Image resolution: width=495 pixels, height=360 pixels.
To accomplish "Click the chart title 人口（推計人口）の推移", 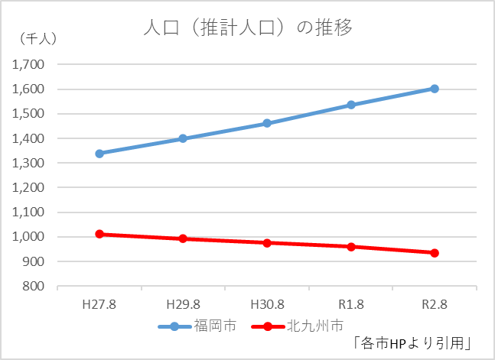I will tap(248, 29).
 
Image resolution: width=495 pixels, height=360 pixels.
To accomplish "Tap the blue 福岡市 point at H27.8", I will tap(99, 154).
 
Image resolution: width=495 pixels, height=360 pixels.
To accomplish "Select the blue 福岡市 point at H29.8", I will tap(183, 138).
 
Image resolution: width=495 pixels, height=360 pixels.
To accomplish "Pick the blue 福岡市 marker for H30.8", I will tap(267, 123).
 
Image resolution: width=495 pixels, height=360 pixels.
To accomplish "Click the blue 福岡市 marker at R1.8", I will tap(351, 105).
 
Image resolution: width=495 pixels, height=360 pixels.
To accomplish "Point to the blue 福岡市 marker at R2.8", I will tap(435, 89).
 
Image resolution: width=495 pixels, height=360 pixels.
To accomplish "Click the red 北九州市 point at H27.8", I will tap(99, 234).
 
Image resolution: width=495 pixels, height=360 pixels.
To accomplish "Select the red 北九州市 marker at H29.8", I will tap(183, 238).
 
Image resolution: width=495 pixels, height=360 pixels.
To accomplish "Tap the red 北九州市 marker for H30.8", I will tap(267, 243).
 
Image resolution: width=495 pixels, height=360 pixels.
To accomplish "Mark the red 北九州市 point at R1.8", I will tap(351, 247).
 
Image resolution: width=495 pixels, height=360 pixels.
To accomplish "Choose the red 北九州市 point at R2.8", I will tap(435, 253).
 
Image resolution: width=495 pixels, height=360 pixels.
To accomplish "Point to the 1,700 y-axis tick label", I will tap(30, 65).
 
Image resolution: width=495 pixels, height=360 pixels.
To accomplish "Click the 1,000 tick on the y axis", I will tap(30, 237).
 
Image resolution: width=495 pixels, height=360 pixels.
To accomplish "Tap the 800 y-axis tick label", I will tap(34, 287).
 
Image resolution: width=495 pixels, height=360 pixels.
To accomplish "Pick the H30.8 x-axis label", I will tap(267, 303).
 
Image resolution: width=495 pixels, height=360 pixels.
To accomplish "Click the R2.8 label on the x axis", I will tap(435, 303).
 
